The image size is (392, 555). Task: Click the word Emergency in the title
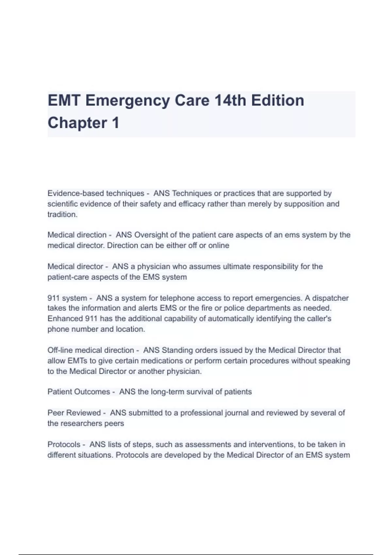click(127, 101)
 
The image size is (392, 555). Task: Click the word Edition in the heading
click(278, 101)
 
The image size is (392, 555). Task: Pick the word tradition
click(62, 214)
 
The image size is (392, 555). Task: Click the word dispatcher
click(330, 298)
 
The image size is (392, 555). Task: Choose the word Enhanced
click(65, 319)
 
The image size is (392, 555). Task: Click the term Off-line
click(58, 350)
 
